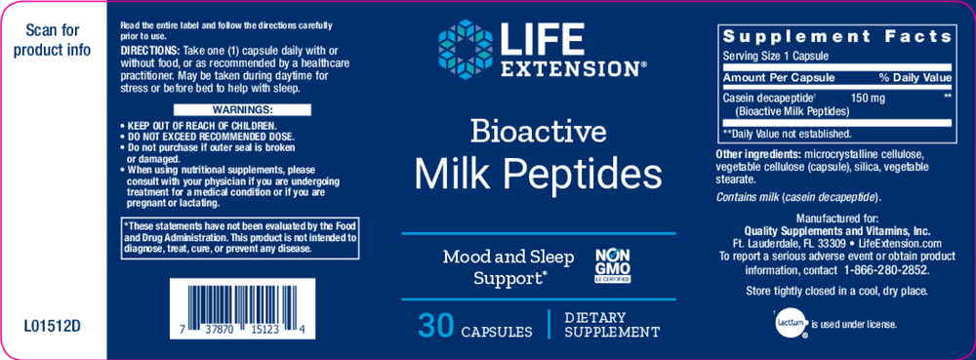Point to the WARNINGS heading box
(213, 110)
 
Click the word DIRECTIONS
(144, 49)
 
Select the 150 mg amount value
(869, 99)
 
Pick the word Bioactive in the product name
(539, 131)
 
